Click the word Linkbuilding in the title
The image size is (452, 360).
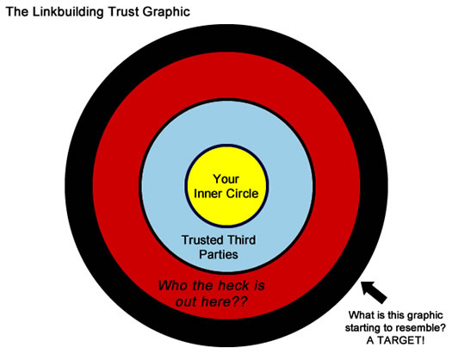(68, 13)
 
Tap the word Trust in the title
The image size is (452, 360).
(123, 12)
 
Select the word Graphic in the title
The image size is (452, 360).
(166, 13)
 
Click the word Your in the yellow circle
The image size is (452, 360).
(226, 179)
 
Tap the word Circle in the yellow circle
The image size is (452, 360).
(243, 194)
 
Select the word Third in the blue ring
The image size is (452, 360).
(241, 240)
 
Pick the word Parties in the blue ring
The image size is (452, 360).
(219, 255)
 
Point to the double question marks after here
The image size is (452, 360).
(239, 302)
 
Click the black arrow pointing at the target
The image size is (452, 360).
(374, 292)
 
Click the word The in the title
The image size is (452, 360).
(16, 12)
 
